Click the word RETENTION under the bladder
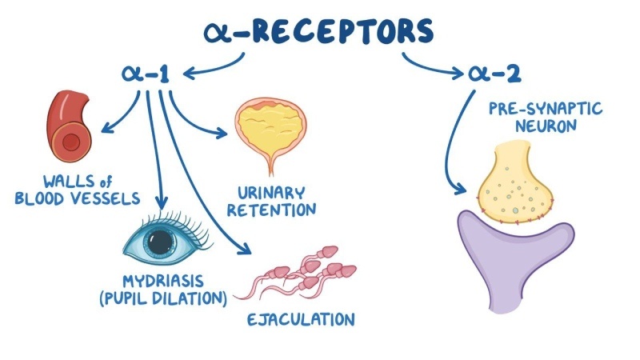tap(277, 210)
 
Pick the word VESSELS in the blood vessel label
tap(108, 197)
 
